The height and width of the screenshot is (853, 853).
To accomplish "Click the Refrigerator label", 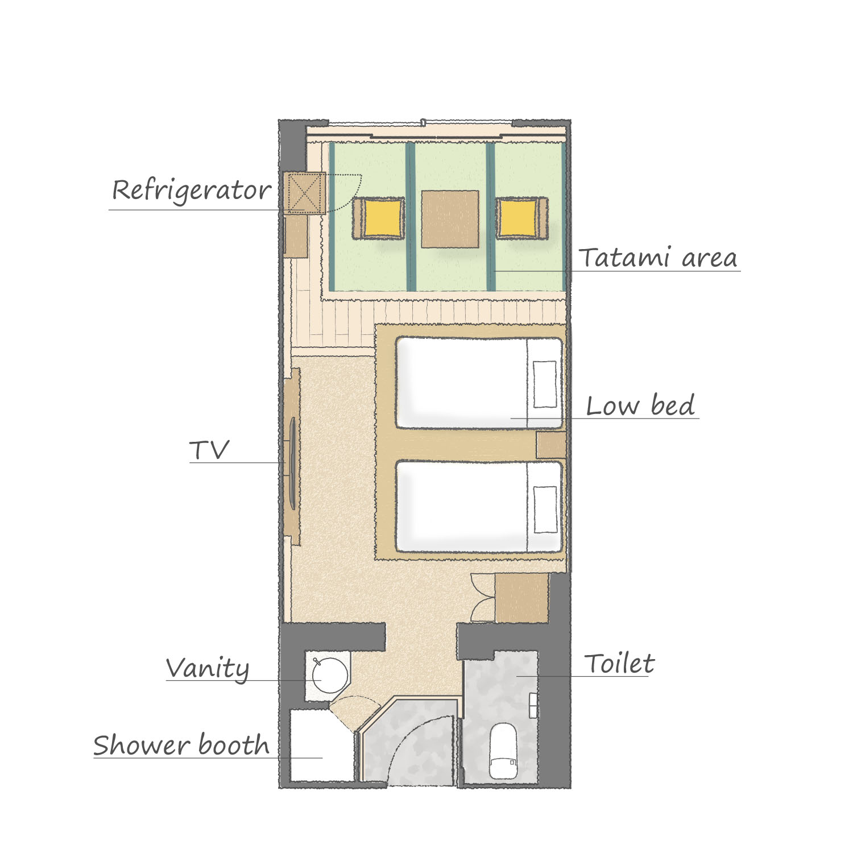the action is click(x=191, y=191).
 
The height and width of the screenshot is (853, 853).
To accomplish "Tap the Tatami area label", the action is click(x=659, y=257).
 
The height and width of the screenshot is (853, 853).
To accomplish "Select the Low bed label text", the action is click(x=640, y=405).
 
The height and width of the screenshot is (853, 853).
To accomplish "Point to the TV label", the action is click(x=209, y=450).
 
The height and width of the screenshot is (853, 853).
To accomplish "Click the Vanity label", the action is click(x=208, y=669).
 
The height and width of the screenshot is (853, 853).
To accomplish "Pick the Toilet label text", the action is click(x=619, y=664).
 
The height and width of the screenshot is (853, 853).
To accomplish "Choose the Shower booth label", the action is click(x=181, y=745).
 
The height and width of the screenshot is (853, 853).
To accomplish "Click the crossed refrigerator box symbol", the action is click(x=305, y=193).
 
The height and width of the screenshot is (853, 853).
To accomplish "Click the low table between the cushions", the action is click(x=450, y=219).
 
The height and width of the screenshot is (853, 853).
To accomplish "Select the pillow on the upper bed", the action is click(x=545, y=384).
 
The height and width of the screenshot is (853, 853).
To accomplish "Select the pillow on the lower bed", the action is click(x=545, y=510).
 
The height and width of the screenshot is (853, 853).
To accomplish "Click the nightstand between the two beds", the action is click(x=552, y=445).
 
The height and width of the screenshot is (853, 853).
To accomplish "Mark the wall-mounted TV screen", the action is click(x=291, y=463).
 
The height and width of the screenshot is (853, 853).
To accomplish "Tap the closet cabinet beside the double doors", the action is click(x=521, y=598).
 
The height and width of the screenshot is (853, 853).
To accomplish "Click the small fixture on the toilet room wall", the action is click(x=533, y=705).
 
